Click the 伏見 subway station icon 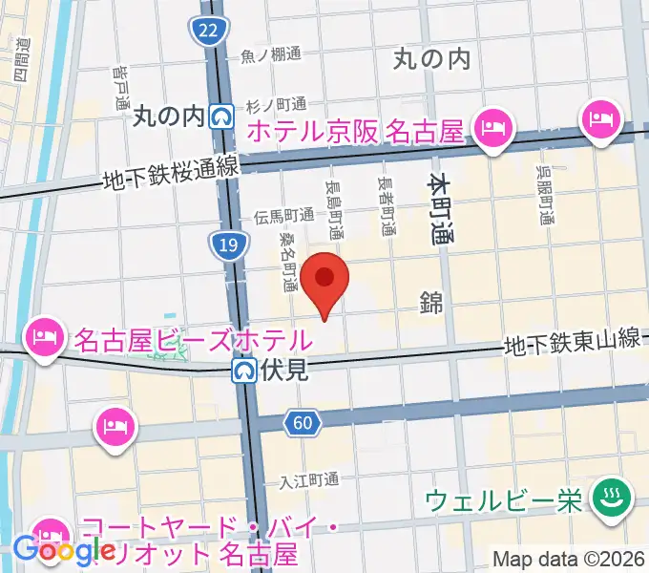pyautogui.click(x=245, y=370)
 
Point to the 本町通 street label pyautogui.click(x=440, y=210)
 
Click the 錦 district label pyautogui.click(x=431, y=304)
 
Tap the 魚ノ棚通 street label pyautogui.click(x=271, y=55)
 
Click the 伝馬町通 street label pyautogui.click(x=283, y=217)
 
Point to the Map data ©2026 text pyautogui.click(x=569, y=559)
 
